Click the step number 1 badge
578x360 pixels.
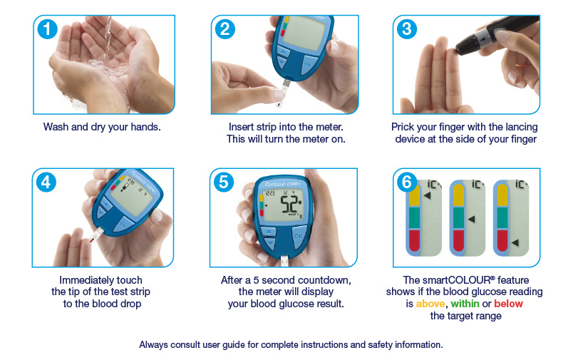coord(47,29)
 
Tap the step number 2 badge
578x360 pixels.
coord(225,29)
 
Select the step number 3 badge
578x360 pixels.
coord(407,29)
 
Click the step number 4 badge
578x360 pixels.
coord(46,182)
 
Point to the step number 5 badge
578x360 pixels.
coord(224,182)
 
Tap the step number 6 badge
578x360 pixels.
coord(407,182)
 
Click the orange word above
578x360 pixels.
coord(430,304)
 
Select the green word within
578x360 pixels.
coord(465,304)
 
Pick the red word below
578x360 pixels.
coord(508,304)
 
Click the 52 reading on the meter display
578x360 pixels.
coord(289,205)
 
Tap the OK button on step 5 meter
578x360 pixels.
coord(299,237)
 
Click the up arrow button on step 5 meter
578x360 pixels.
coord(269,232)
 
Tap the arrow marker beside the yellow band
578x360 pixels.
coord(427,195)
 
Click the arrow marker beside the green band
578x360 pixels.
coord(471,219)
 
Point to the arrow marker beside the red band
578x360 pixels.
coord(515,242)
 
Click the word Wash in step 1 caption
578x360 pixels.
coord(56,127)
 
